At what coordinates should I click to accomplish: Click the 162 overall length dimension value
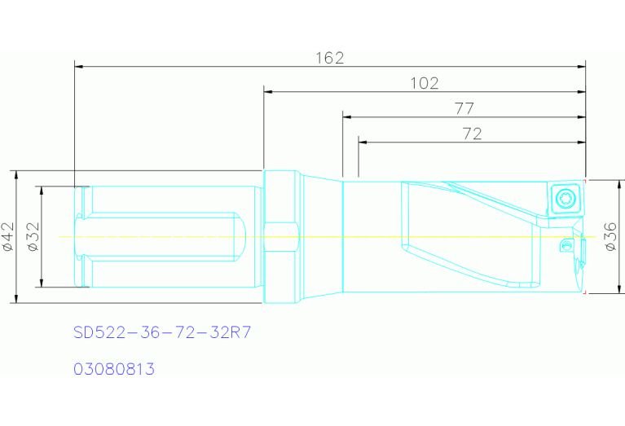point(330,58)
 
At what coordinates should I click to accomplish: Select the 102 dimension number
point(425,83)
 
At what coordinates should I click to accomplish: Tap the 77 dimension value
point(464,108)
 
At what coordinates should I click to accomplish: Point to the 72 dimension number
point(472,134)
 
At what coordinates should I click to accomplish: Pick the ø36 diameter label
point(610,236)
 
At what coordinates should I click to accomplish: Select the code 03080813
point(114,369)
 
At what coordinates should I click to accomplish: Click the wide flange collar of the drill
point(279,236)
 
